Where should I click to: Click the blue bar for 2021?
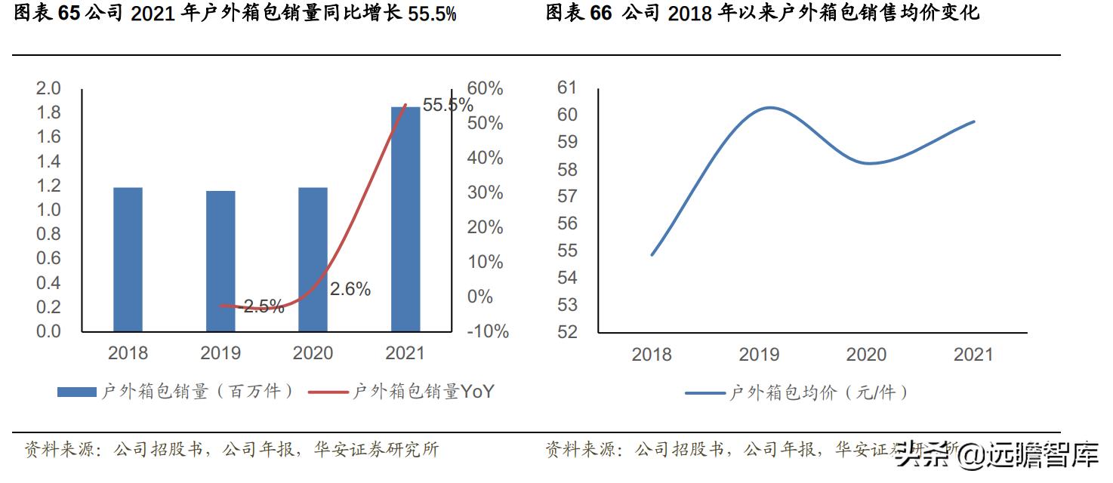pos(405,219)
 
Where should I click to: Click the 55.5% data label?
pos(448,105)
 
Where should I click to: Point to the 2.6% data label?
pos(350,288)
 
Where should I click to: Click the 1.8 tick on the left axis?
pos(48,112)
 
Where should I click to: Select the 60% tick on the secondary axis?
pos(485,88)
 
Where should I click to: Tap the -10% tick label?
pos(488,331)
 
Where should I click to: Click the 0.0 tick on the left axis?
pos(48,331)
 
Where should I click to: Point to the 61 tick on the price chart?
pos(566,88)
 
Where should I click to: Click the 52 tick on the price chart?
pos(566,332)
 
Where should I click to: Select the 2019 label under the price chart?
pos(759,354)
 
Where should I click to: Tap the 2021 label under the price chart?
pos(973,354)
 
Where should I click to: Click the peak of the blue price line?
pos(768,107)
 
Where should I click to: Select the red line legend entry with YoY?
pos(423,392)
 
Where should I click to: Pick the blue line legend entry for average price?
pos(797,392)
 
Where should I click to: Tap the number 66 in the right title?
pos(601,14)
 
